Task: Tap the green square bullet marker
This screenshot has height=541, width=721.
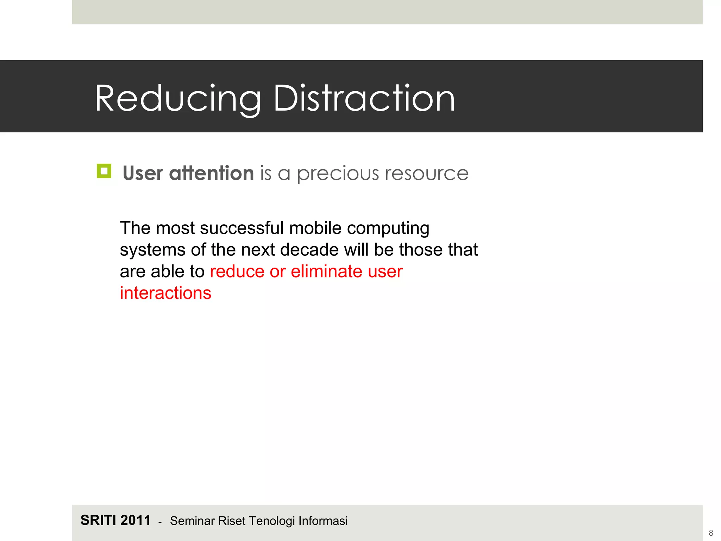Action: tap(104, 171)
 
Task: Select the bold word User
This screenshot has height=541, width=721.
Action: tap(143, 173)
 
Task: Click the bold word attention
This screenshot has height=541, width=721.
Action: tap(211, 173)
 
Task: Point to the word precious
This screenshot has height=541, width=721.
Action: tap(338, 174)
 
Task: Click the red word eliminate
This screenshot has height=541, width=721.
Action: tap(326, 272)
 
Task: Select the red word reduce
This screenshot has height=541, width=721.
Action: tap(237, 272)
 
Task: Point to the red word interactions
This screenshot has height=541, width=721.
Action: tap(165, 293)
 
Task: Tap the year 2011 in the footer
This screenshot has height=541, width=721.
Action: tap(136, 520)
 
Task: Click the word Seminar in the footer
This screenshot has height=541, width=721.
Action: tap(192, 521)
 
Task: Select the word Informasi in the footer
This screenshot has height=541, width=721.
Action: tap(323, 521)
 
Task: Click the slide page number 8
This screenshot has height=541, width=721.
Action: tap(711, 533)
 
